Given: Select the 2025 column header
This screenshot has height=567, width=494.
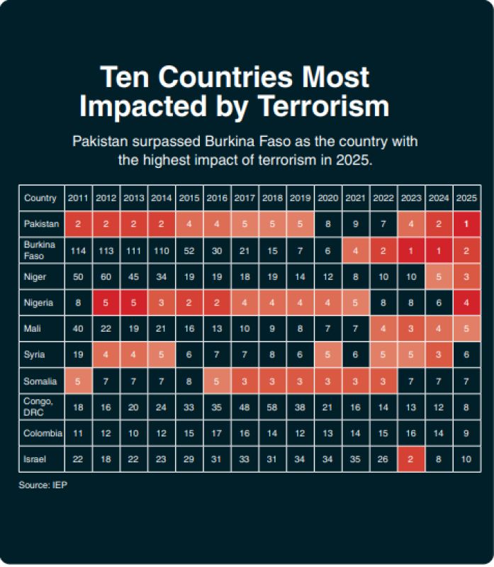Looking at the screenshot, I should click(x=466, y=198).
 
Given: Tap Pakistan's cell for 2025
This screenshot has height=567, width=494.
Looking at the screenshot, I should click(x=466, y=224).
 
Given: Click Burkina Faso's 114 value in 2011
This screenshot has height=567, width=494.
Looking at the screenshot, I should click(x=78, y=250).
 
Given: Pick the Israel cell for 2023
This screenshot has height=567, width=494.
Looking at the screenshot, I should click(x=410, y=459).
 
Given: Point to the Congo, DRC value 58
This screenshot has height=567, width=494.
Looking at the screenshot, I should click(x=272, y=407).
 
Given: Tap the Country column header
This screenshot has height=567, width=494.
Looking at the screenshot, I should click(x=40, y=198).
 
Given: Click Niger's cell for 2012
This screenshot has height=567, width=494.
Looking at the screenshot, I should click(x=106, y=276).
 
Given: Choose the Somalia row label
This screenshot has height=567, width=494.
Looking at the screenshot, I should click(x=40, y=381).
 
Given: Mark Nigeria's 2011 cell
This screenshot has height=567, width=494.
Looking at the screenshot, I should click(x=78, y=303).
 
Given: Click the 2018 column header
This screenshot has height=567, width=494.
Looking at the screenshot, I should click(x=272, y=198).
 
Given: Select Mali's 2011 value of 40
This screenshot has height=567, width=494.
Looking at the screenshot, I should click(x=78, y=329).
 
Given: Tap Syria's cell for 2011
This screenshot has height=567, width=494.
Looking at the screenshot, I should click(x=78, y=355).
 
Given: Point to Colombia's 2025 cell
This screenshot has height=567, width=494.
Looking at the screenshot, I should click(x=466, y=433).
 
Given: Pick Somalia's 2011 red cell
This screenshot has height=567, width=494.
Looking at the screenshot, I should click(x=78, y=381).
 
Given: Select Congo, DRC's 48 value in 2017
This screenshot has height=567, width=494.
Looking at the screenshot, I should click(x=245, y=407).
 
